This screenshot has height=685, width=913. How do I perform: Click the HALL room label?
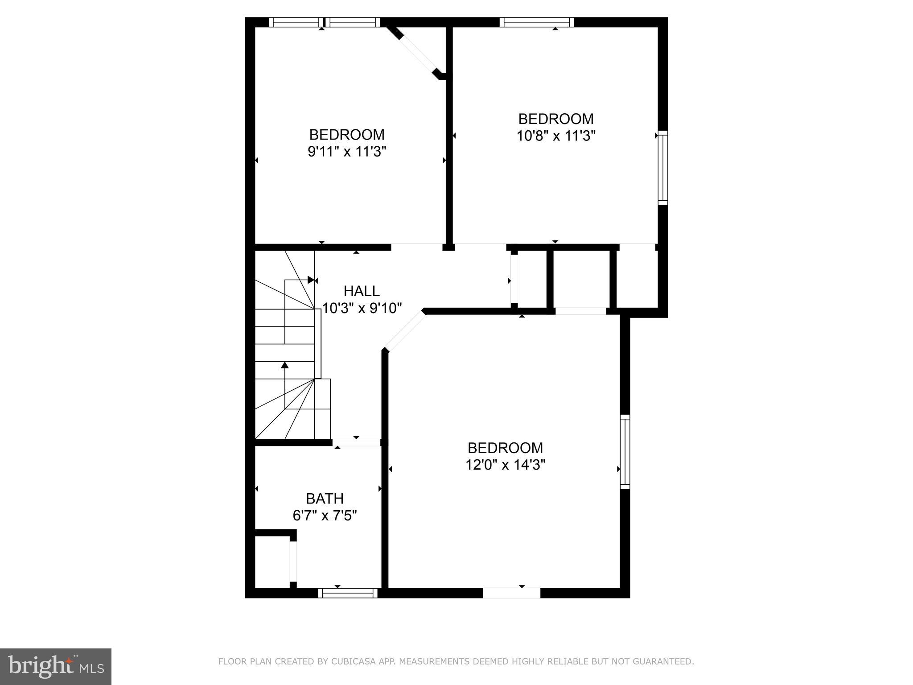(x=362, y=291)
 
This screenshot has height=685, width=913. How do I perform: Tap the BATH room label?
(x=325, y=498)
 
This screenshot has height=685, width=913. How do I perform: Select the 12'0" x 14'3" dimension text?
(x=506, y=465)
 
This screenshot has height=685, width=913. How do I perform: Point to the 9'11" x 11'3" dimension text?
(x=346, y=152)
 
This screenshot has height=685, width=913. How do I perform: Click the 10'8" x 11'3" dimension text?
(x=556, y=136)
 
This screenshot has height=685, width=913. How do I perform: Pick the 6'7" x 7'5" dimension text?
(x=325, y=516)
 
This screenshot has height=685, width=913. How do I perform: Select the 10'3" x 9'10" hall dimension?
(x=362, y=308)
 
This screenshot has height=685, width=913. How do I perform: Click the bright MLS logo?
(x=56, y=666)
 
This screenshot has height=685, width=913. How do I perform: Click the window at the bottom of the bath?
(x=348, y=593)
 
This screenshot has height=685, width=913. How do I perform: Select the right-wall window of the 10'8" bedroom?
(x=663, y=168)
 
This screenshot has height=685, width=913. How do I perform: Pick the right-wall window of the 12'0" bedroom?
(x=625, y=452)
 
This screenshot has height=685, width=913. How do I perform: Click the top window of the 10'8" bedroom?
(x=536, y=22)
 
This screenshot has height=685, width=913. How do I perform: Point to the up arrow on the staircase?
(x=285, y=365)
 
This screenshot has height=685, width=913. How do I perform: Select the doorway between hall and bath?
(x=357, y=442)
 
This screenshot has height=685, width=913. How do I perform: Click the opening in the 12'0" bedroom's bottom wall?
(x=511, y=593)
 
